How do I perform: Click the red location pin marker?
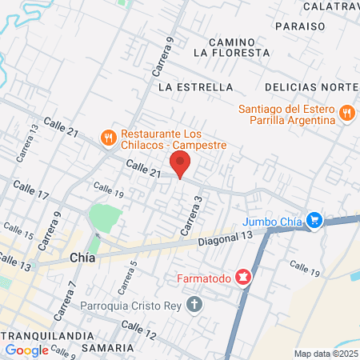tap(181, 165)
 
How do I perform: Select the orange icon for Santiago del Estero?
tap(346, 113)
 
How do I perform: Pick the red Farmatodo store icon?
tap(243, 278)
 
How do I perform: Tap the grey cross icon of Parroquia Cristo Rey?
tap(194, 304)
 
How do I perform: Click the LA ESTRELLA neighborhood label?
tap(195, 86)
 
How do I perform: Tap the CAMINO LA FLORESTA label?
tap(231, 46)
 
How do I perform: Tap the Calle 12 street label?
tap(139, 329)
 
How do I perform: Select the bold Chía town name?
tap(86, 258)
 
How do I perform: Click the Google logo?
tap(26, 350)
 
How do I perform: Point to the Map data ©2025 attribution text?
tap(326, 354)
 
